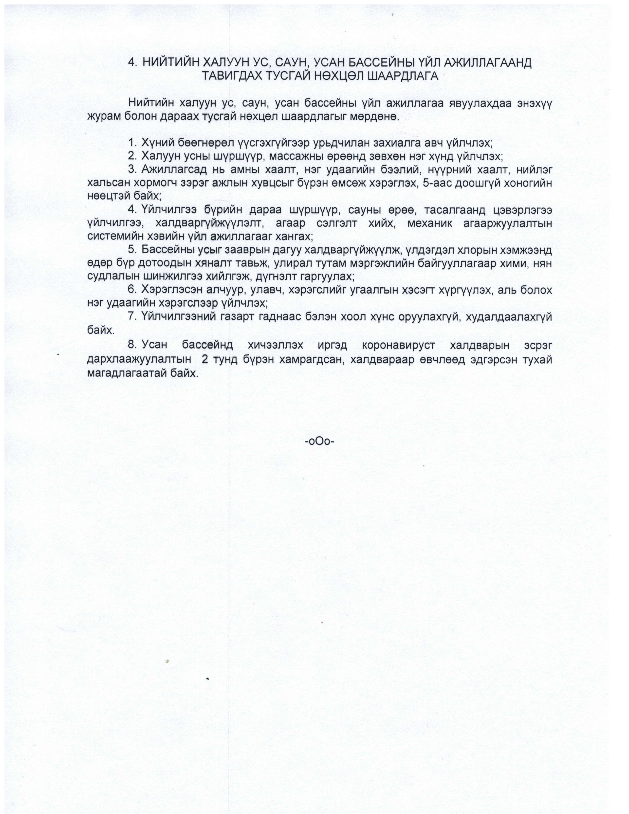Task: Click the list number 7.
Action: click(x=131, y=317)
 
